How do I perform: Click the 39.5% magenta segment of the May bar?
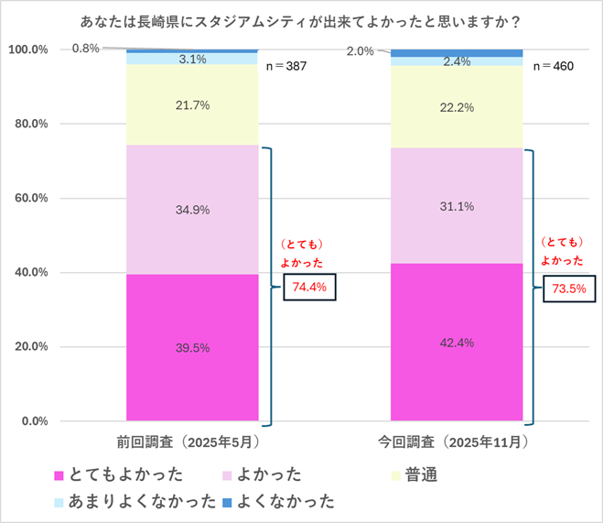192,347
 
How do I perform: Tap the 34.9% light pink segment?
192,209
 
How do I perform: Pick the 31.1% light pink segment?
457,205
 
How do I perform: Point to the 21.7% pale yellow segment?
192,105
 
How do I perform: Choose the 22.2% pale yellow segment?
457,107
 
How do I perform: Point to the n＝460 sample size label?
553,66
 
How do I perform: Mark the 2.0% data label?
361,51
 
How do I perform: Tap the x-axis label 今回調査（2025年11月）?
457,441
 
